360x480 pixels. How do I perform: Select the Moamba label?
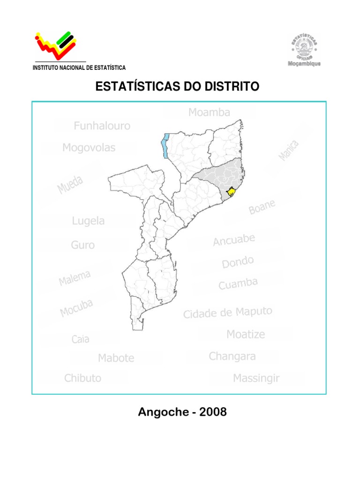click(210, 112)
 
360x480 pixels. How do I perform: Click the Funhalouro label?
click(102, 126)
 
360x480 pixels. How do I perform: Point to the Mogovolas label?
click(89, 148)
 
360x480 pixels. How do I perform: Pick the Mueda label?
click(70, 185)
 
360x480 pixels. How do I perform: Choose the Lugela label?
click(89, 221)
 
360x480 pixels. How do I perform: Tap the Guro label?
click(83, 245)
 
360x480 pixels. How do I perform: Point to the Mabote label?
click(116, 358)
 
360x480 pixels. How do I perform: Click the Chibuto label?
click(83, 378)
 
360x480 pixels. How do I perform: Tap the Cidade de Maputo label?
click(227, 313)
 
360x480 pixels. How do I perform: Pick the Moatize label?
click(246, 334)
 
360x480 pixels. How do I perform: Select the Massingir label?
click(256, 378)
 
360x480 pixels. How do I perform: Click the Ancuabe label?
click(234, 240)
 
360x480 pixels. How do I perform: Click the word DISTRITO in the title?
click(230, 87)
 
